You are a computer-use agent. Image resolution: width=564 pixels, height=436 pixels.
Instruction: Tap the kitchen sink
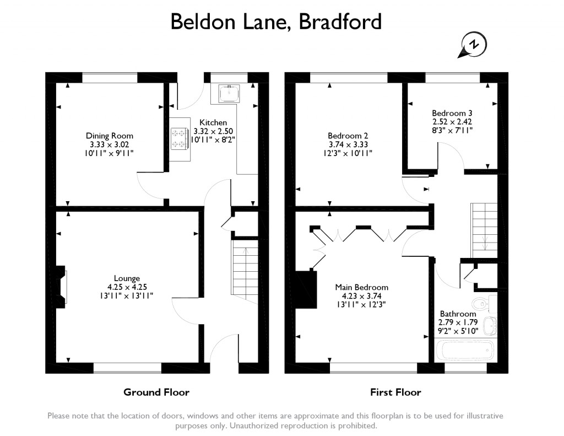point(229,94)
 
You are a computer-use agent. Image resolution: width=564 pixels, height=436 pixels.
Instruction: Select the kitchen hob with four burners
point(180,139)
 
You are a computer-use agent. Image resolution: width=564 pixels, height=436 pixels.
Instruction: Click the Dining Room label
point(110,136)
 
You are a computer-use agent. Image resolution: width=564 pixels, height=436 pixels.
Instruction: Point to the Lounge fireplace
point(61,287)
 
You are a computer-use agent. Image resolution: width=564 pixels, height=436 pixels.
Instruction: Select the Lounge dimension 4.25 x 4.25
point(127,287)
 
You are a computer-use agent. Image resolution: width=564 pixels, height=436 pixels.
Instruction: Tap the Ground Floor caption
point(156,392)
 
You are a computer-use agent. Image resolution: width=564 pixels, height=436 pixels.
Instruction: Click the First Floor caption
point(395,392)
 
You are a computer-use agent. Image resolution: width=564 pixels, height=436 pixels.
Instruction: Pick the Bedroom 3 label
point(452,113)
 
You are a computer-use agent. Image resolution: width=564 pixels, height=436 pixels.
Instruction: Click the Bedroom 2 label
point(348,136)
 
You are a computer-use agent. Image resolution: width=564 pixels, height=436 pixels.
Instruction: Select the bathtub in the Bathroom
point(464,349)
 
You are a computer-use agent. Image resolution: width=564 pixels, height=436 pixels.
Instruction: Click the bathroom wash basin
point(490,325)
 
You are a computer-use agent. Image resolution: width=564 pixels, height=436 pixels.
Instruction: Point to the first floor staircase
point(484,230)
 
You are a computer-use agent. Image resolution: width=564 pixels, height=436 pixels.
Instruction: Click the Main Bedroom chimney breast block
point(306,289)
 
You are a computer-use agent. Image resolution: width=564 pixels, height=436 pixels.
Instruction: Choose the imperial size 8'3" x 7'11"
point(452,130)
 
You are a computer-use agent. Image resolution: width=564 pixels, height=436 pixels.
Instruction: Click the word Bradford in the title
point(340,21)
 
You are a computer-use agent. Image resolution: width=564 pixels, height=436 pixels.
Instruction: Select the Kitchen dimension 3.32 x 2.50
point(213,131)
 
